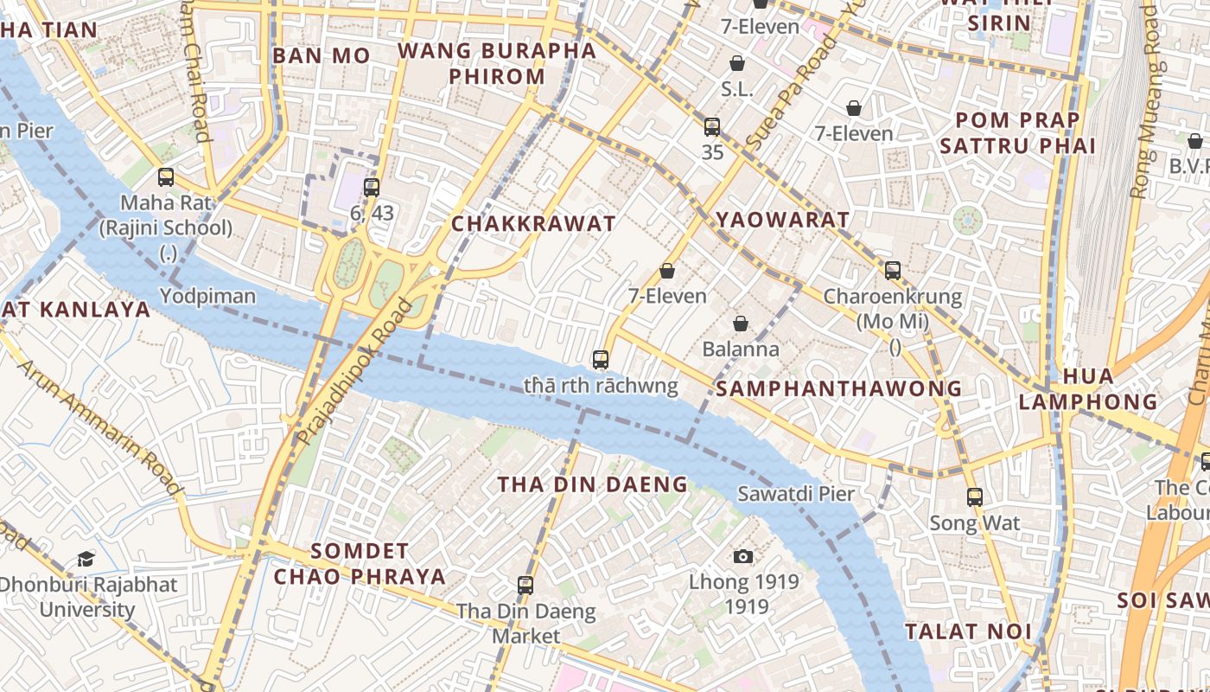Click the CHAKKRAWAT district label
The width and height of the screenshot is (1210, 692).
(x=533, y=223)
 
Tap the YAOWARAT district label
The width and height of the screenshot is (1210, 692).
(x=783, y=220)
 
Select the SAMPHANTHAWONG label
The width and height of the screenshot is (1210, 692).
(x=838, y=388)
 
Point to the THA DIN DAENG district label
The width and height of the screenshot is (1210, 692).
(x=592, y=484)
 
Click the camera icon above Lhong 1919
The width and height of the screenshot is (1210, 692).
(x=742, y=556)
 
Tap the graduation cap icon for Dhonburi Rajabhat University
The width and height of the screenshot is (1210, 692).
(x=86, y=559)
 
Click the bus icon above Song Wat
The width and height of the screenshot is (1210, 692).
(x=975, y=497)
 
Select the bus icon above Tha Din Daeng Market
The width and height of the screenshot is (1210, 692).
(x=525, y=586)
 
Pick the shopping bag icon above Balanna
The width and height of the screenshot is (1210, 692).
(x=741, y=324)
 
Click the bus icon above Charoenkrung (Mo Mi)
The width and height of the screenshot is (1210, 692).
(x=893, y=271)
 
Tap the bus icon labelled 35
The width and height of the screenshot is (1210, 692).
(x=712, y=127)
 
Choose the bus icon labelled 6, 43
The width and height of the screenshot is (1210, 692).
(x=372, y=187)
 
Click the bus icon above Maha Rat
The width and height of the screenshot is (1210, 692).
(x=166, y=177)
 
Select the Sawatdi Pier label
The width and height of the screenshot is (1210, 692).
(x=795, y=494)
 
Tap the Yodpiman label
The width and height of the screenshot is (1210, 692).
(x=207, y=296)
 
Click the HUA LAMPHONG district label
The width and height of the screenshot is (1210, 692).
(x=1087, y=389)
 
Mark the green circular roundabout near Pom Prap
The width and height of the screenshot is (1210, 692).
(x=968, y=221)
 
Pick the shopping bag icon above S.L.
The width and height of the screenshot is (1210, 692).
(x=737, y=63)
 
